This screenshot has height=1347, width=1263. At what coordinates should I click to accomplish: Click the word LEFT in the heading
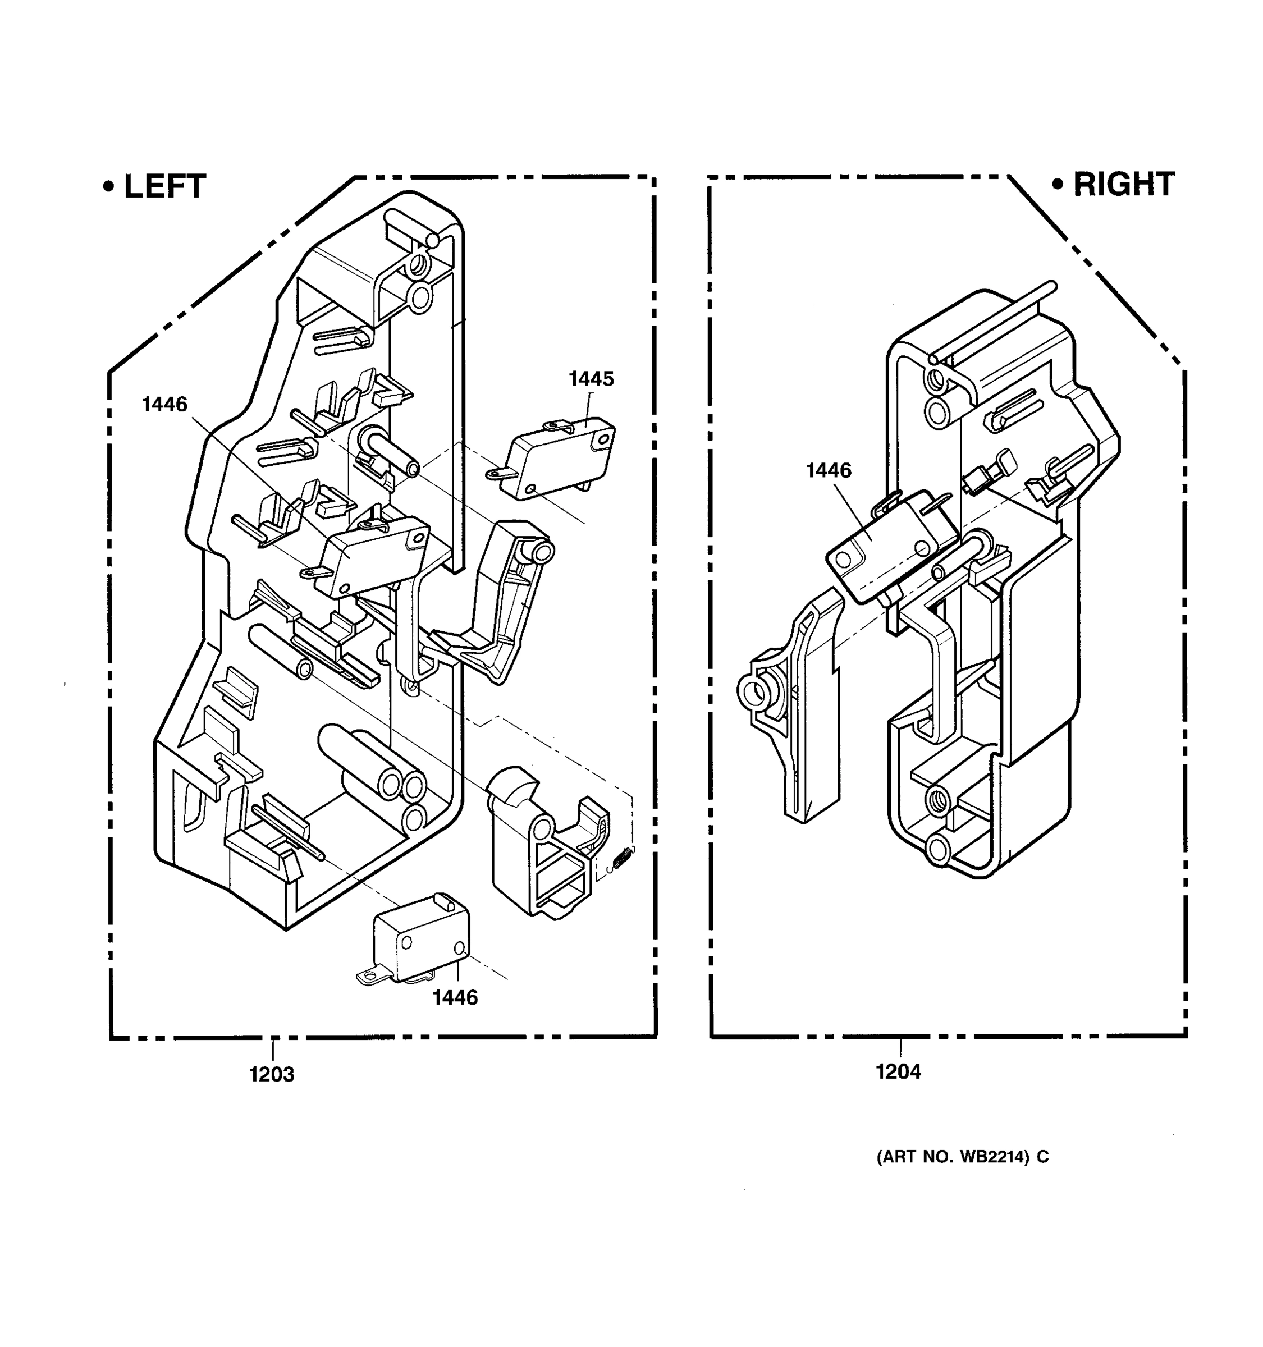164,187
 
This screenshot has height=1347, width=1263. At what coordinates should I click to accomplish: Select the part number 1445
591,379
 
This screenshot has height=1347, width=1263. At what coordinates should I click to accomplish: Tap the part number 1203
272,1075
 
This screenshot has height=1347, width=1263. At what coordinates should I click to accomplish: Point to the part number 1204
899,1072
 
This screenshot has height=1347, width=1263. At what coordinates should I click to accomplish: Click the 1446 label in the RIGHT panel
828,470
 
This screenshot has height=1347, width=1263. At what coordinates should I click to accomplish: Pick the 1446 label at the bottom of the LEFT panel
455,997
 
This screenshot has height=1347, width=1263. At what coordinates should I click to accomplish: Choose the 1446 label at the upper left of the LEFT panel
164,405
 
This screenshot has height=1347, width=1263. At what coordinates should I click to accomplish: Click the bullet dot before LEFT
108,186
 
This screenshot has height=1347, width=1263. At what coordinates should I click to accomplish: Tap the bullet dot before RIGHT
1057,184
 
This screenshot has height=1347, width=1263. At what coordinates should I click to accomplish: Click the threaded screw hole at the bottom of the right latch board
940,798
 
